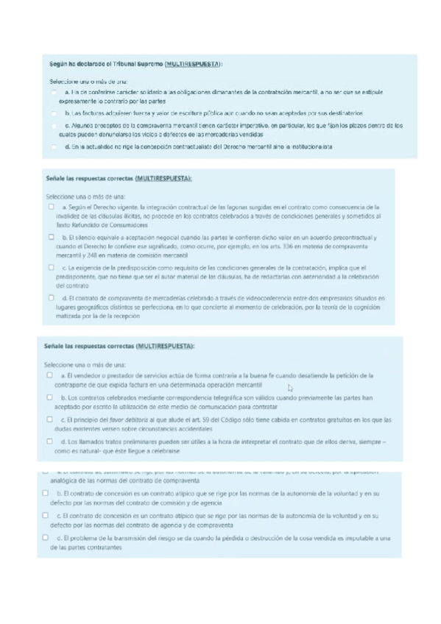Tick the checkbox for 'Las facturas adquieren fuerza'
(54, 113)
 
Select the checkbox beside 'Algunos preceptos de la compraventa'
(54, 126)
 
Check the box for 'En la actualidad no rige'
(54, 147)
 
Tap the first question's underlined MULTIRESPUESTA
(193, 64)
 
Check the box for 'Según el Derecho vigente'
(51, 208)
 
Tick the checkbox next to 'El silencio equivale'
(51, 237)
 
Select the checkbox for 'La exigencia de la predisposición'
(51, 267)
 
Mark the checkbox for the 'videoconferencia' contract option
(51, 297)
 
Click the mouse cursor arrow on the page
(290, 388)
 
